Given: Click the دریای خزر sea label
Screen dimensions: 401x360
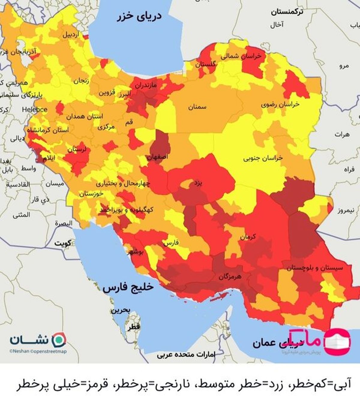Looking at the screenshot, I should tap(139, 16).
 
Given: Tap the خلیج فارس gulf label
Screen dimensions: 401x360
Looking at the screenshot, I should tap(128, 287).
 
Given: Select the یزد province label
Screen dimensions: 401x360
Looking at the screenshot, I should tap(198, 183).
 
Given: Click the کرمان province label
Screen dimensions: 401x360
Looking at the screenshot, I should tap(248, 237).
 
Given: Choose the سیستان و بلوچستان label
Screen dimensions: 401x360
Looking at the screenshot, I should tap(314, 268).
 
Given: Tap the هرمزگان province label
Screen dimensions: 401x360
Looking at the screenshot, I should tap(230, 276).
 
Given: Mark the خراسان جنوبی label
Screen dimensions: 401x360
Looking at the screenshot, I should tap(263, 158).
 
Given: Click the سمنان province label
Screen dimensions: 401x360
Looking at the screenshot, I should tap(197, 106).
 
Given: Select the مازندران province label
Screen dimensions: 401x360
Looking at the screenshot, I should tap(145, 85).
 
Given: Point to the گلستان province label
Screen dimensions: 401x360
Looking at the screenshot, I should tap(205, 64).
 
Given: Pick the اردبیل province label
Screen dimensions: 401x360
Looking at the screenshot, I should tap(71, 34).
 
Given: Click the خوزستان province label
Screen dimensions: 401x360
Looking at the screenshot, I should tap(91, 194).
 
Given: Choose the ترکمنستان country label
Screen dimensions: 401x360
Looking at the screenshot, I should tap(287, 12).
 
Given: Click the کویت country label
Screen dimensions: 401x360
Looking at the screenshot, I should tap(63, 243).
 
